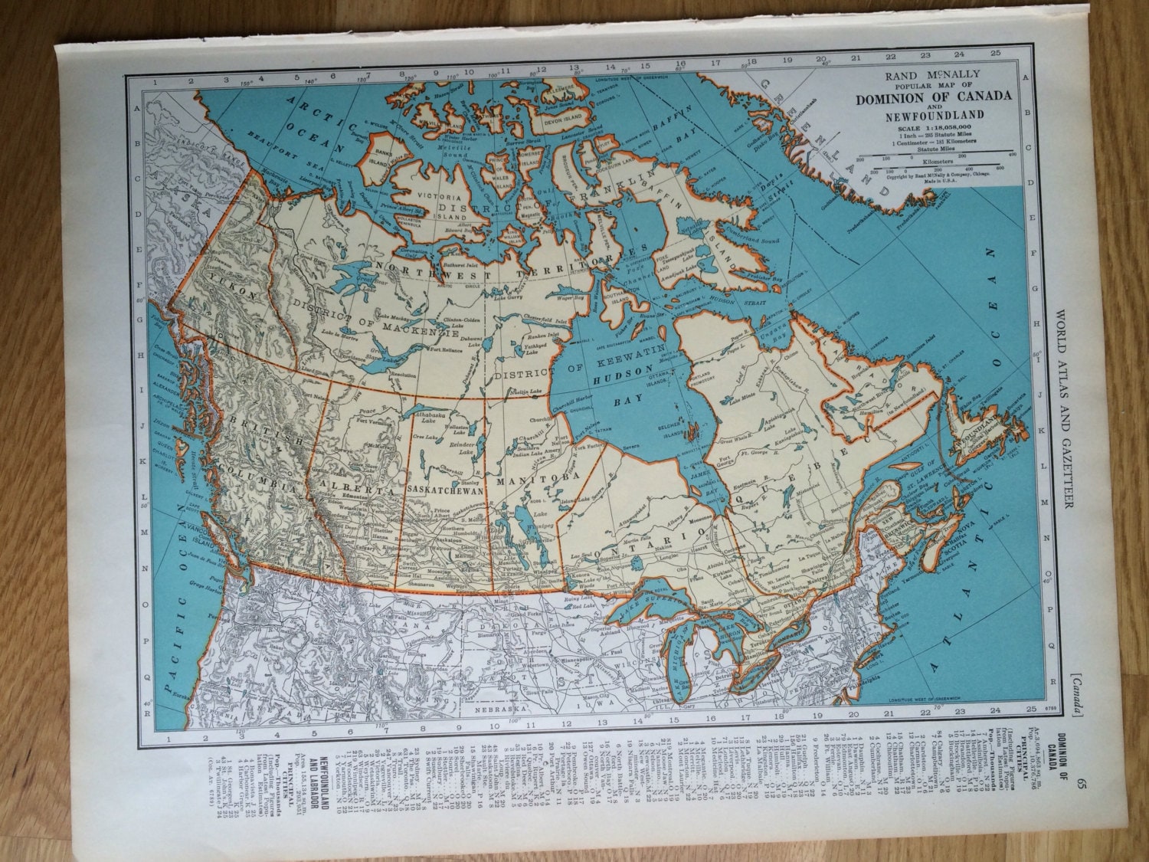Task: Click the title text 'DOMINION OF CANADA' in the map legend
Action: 933,97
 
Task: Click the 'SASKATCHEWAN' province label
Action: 446,490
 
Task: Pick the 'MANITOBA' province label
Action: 531,480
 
